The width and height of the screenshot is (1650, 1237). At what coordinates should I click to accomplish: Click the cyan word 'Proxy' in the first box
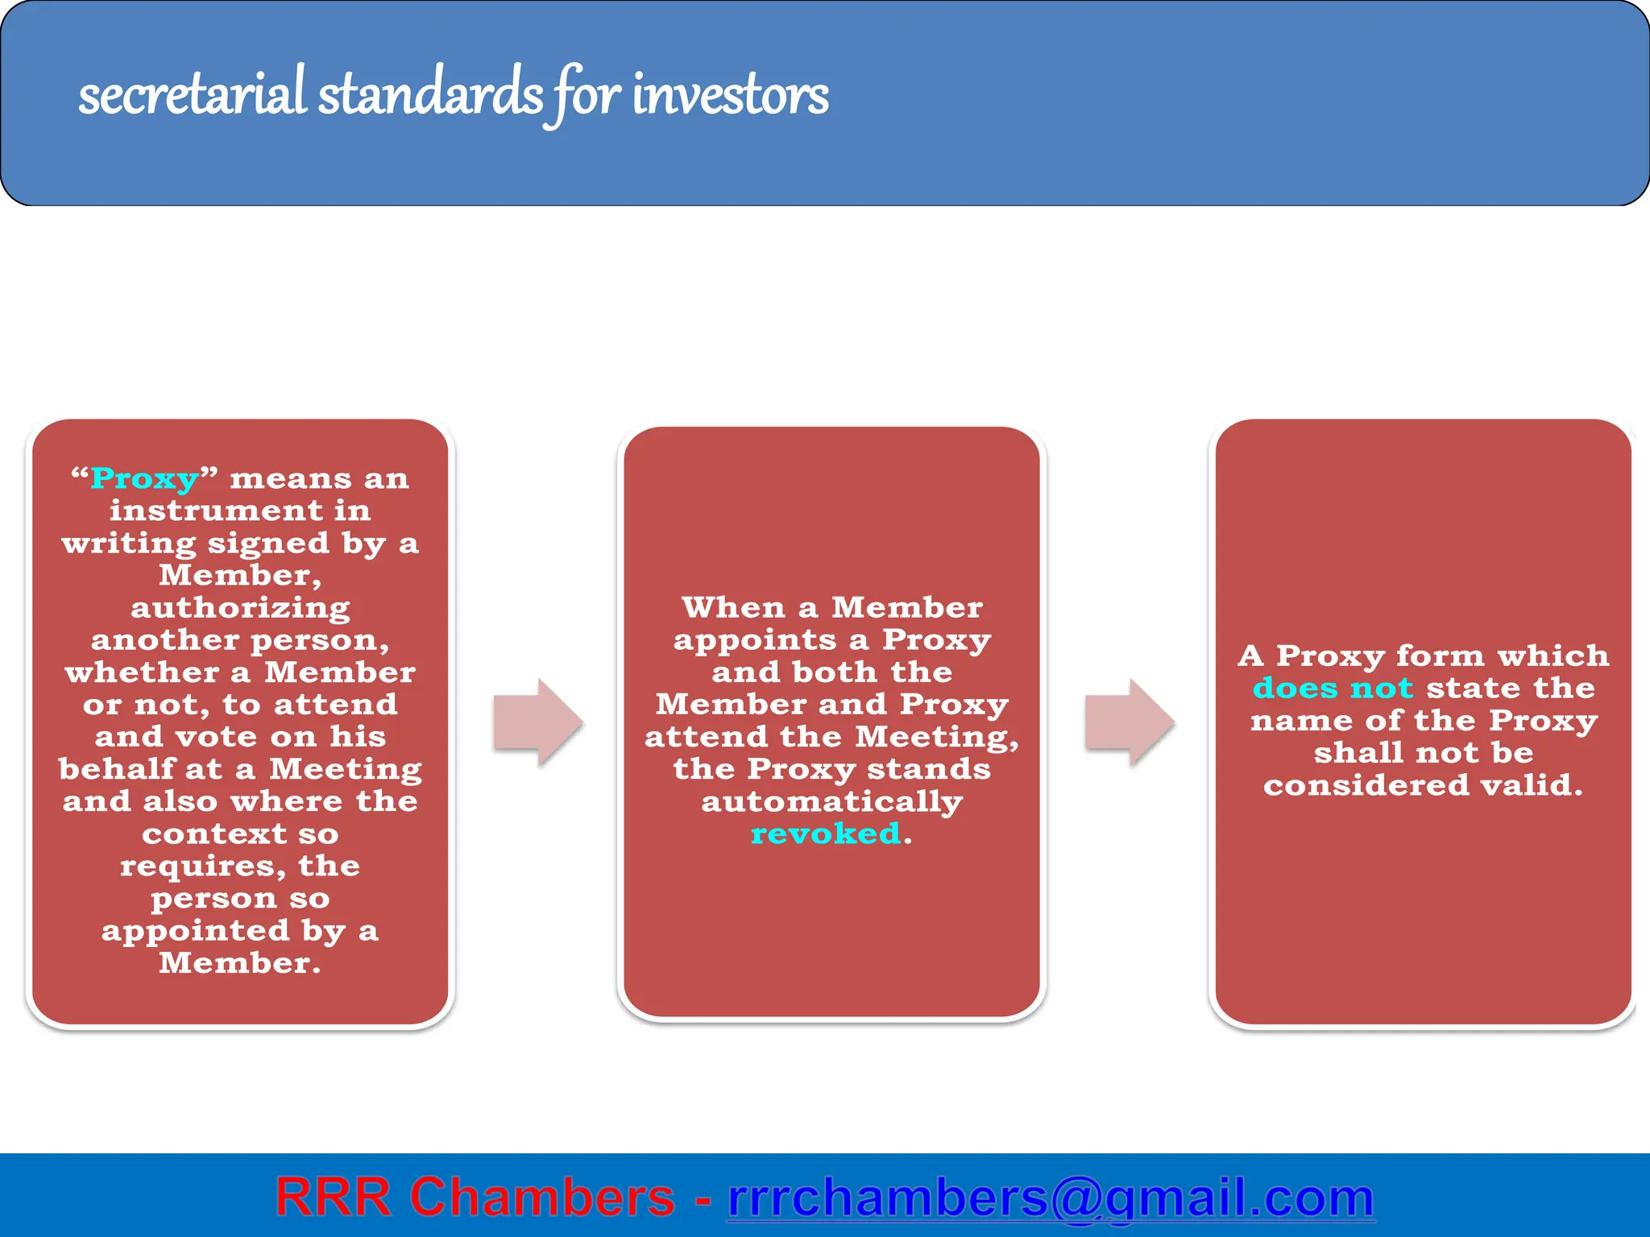point(145,479)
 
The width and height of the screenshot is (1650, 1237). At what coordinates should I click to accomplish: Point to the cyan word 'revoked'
point(825,834)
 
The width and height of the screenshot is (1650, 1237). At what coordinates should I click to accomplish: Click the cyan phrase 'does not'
point(1333,689)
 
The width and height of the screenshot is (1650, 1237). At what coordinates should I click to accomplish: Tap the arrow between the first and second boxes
point(537,722)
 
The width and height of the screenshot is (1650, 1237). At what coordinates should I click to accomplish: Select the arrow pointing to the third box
point(1129,722)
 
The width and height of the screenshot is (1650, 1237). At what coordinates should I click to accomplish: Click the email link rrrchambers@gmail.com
point(1051,1198)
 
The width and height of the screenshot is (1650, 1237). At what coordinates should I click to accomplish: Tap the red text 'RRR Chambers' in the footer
point(475,1198)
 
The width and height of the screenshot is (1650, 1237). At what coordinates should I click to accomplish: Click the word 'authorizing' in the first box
point(240,608)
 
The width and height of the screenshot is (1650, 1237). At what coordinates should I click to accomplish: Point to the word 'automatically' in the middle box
point(831,802)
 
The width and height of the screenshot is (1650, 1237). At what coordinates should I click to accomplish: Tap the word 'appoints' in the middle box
point(755,640)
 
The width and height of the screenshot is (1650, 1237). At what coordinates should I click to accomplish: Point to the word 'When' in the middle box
point(732,607)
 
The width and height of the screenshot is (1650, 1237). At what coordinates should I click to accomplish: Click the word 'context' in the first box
point(214,834)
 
